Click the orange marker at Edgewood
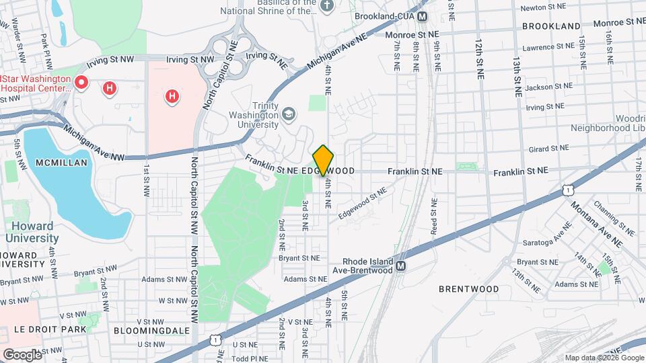324,160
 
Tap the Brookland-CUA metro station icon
423,17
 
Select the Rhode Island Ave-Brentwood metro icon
401,266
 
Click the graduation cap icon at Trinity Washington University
289,113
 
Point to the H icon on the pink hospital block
172,96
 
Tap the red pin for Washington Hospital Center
81,83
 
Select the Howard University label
32,231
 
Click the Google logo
22,354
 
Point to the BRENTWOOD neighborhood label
469,289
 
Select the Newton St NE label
542,8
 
